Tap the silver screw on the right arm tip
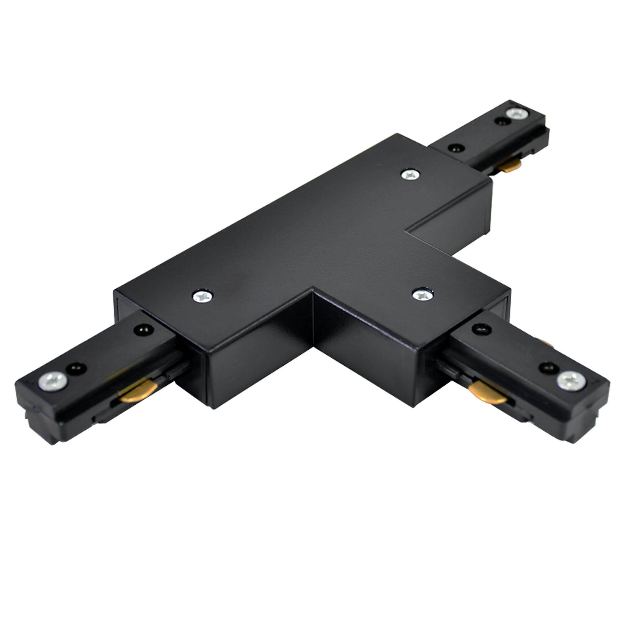(571, 381)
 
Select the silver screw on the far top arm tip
(517, 113)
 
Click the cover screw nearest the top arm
(410, 175)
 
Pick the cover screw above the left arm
(202, 296)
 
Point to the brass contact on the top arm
(509, 166)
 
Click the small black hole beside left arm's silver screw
(76, 368)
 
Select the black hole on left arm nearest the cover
(144, 330)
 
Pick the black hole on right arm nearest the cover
(481, 329)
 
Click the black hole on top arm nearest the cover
(457, 148)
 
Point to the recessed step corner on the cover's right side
(408, 230)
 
